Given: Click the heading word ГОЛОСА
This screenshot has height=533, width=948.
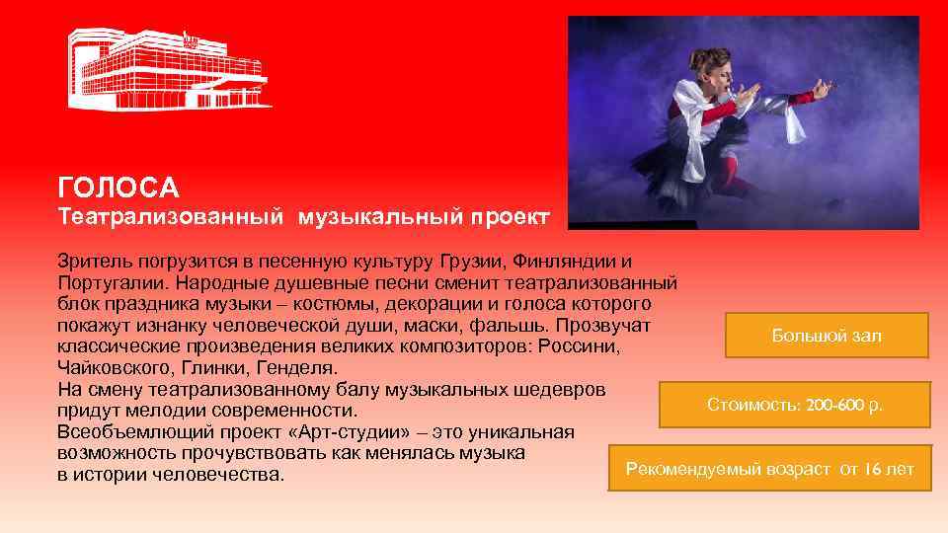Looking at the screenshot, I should click(x=118, y=187).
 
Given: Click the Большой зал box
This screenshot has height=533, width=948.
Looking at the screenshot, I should click(x=827, y=336).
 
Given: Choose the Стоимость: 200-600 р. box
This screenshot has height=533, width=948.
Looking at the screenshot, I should click(x=795, y=405).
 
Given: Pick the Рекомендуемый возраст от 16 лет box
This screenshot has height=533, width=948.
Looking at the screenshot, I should click(x=770, y=469).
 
